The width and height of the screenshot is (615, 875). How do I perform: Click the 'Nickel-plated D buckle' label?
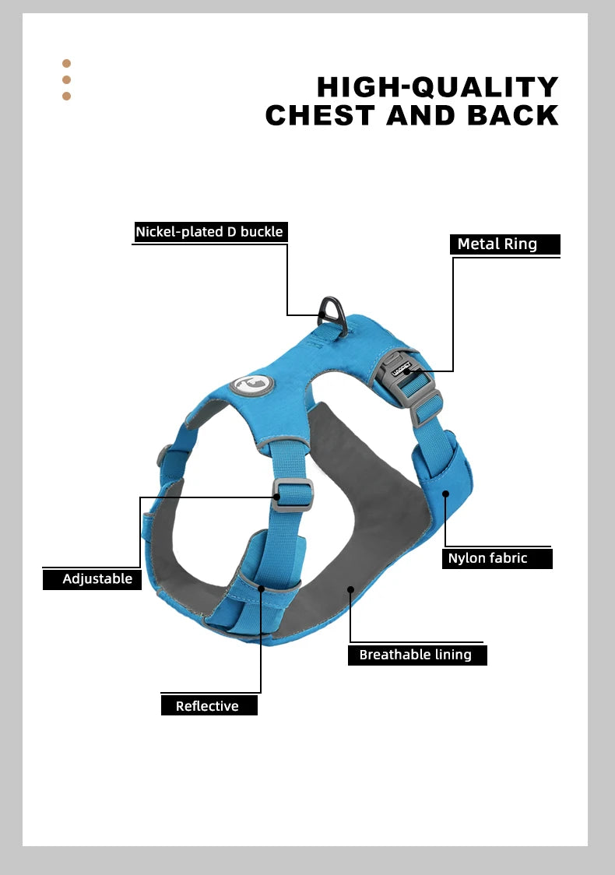coord(210,232)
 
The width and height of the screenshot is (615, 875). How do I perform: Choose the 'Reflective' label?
coord(209,705)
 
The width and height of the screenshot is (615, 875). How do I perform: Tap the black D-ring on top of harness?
coord(333,316)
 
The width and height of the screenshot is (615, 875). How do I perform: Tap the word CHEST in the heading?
coord(320,115)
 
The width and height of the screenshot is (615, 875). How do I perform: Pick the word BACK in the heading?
coord(514,115)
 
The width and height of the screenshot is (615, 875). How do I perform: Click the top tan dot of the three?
coord(66,64)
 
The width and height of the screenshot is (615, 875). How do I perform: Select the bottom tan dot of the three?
coord(66,96)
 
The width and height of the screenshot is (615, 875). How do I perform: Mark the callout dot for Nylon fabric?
coord(445,494)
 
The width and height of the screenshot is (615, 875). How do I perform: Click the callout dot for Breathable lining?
coord(350,589)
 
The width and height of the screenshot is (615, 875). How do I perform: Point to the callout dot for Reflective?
coord(261,589)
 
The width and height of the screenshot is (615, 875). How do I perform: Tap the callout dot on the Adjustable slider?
coord(277,497)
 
